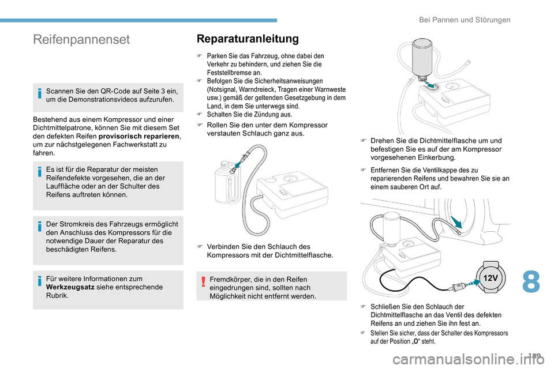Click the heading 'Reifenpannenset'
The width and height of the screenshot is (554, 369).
tap(82, 39)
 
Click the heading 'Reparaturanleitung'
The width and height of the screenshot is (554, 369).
tap(248, 39)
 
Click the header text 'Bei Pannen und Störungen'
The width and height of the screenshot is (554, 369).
tap(464, 20)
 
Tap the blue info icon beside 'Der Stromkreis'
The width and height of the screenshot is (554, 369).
tap(40, 227)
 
